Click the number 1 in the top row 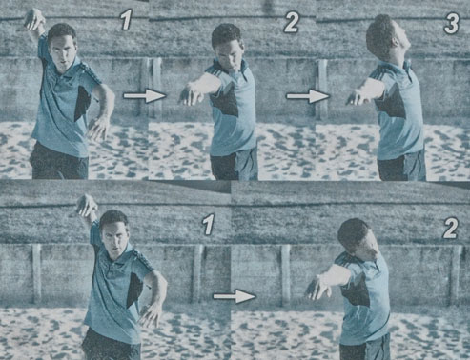(126, 21)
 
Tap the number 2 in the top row (291, 23)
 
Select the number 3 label (451, 24)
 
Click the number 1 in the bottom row (208, 225)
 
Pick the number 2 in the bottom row (449, 229)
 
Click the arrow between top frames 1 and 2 (145, 95)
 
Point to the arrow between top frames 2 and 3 (309, 96)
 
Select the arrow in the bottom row (235, 296)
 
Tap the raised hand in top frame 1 (34, 19)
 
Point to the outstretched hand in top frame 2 (190, 94)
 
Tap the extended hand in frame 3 (356, 97)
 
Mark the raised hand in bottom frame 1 (87, 206)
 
